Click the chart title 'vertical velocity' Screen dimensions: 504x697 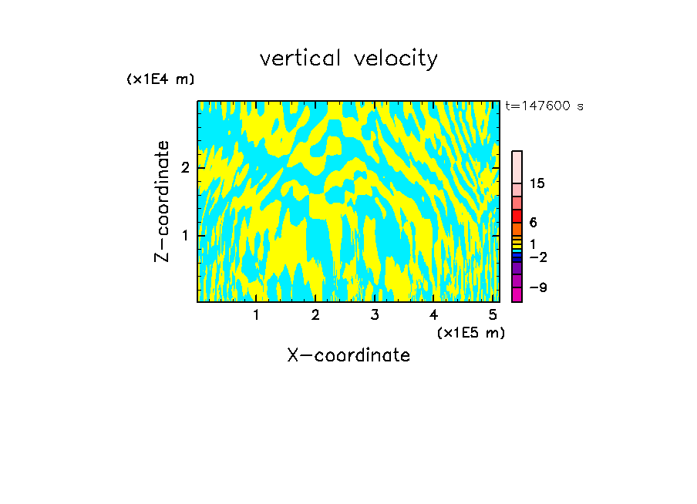tap(348, 59)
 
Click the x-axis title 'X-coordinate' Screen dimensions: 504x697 tap(348, 355)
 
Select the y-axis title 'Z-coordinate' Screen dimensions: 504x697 tap(163, 201)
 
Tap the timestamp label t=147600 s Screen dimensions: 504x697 tap(544, 106)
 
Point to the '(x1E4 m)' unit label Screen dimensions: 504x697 tap(160, 79)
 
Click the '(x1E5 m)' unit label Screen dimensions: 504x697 tap(470, 332)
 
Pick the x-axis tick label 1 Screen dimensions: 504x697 tap(256, 314)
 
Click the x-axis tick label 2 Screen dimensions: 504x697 tap(315, 314)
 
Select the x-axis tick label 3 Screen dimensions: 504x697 tap(374, 314)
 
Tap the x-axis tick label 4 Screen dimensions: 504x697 tap(433, 314)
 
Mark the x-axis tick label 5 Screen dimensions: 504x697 tap(492, 314)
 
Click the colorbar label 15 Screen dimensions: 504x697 tap(537, 183)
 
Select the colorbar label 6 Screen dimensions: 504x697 tap(533, 222)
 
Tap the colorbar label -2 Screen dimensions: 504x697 tap(537, 257)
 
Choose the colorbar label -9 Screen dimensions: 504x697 tap(537, 287)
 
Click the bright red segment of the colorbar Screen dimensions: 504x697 tap(517, 216)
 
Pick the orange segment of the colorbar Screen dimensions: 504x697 tap(517, 229)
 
